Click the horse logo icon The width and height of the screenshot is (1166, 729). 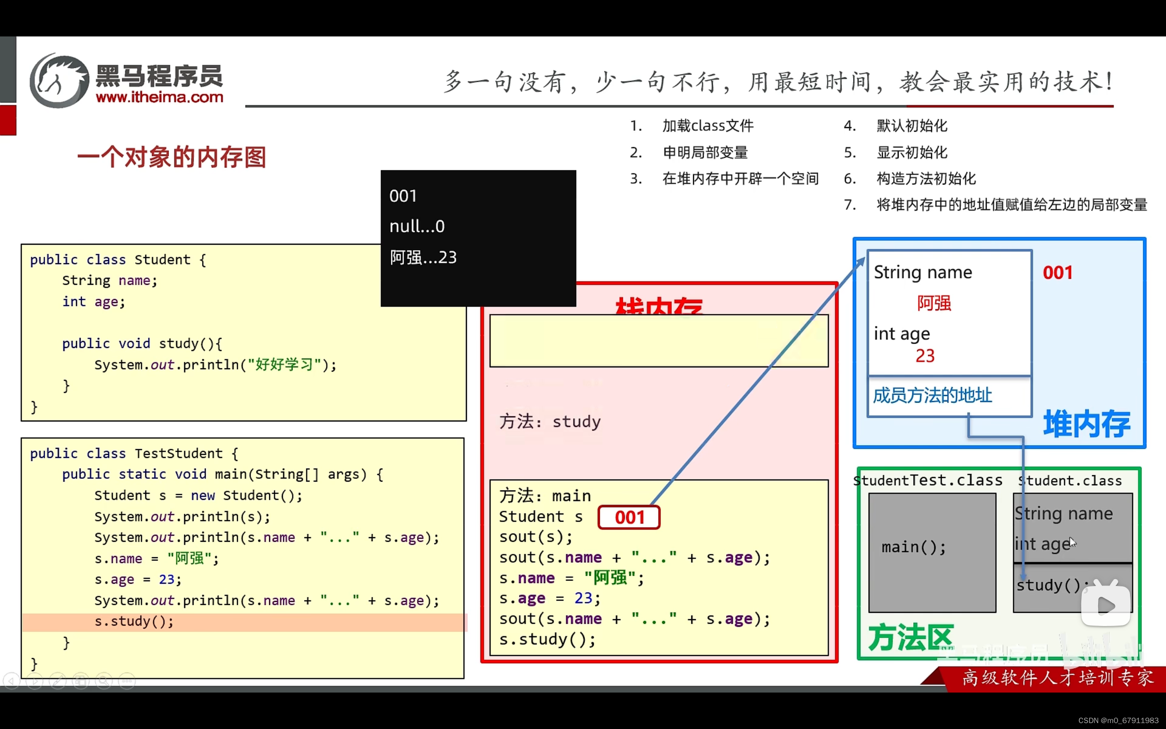point(59,81)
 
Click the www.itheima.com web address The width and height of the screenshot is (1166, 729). point(159,98)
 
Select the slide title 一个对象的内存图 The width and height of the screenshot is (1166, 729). point(172,157)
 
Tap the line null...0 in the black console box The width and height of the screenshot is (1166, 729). point(417,226)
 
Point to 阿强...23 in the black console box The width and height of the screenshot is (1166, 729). point(423,257)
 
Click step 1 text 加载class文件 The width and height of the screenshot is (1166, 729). point(707,126)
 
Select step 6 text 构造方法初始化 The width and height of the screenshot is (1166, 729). point(926,179)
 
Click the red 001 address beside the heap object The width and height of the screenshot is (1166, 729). point(1058,273)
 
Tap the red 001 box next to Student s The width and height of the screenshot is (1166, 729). point(629,517)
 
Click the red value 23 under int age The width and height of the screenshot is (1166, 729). point(925,356)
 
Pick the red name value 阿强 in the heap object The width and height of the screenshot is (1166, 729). point(934,303)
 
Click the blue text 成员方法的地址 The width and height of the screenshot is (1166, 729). point(932,395)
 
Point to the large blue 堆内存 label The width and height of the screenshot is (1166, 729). point(1086,424)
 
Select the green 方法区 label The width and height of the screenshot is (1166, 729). point(910,637)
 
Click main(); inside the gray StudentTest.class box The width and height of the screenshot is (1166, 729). point(914,547)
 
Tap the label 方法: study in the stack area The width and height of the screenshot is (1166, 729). point(550,422)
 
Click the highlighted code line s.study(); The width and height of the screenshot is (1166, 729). point(134,621)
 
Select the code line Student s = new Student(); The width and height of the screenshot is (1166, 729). point(198,496)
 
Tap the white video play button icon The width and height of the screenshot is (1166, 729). point(1105,606)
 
